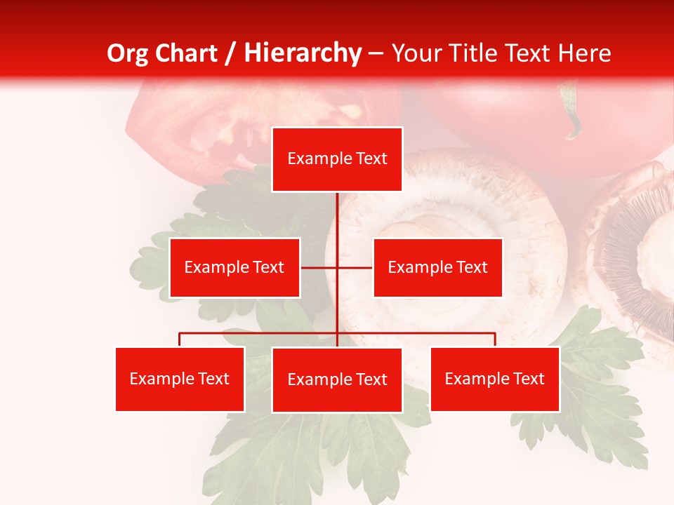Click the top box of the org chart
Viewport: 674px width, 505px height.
click(337, 159)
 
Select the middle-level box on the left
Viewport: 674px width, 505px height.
click(234, 267)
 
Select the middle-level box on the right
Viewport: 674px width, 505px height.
click(437, 267)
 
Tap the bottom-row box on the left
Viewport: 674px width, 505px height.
click(180, 379)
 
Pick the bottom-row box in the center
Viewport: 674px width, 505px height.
click(337, 379)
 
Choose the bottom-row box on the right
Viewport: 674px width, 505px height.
click(494, 379)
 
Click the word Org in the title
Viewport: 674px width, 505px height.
click(126, 53)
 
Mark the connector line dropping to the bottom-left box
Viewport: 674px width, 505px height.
click(180, 339)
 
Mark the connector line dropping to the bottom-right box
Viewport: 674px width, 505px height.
click(494, 339)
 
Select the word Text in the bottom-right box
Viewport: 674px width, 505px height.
click(529, 379)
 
